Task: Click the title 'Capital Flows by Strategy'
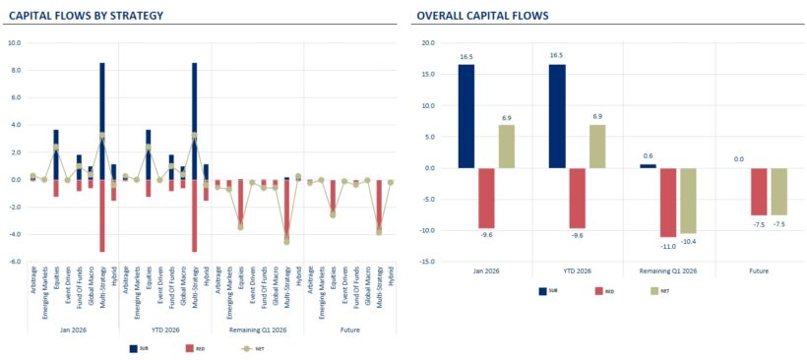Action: point(87,16)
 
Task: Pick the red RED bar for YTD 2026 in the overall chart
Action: point(577,198)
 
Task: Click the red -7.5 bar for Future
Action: point(758,191)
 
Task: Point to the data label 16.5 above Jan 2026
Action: point(466,57)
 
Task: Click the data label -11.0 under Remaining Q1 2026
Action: point(668,245)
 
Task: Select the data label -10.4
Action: point(688,241)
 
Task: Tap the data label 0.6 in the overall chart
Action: point(648,155)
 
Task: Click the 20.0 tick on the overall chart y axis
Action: point(427,43)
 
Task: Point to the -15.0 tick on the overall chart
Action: point(426,262)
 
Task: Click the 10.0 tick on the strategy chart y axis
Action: point(14,43)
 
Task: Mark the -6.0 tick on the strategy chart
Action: point(14,262)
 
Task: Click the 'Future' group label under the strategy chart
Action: point(349,329)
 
